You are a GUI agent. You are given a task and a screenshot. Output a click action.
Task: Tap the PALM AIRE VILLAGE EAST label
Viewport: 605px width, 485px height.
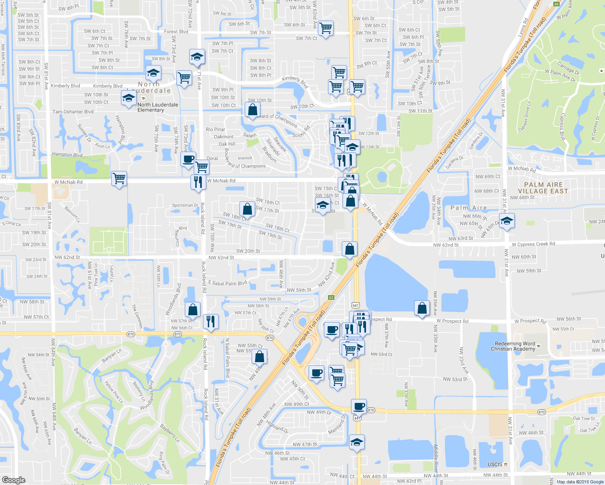543,188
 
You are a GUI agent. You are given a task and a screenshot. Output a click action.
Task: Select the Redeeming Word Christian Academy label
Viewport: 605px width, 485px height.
513,346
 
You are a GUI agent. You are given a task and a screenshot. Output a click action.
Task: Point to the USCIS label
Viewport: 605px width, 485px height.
495,465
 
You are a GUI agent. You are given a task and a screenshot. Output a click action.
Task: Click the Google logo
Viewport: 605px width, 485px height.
13,480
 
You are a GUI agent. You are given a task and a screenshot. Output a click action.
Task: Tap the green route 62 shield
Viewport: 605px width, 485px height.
331,297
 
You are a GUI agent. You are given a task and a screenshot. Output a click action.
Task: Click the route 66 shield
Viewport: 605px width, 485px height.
556,4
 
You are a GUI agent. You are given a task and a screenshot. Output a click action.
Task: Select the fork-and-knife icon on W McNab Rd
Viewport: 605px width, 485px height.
198,181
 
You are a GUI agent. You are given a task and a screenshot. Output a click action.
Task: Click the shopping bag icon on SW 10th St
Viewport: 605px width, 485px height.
252,109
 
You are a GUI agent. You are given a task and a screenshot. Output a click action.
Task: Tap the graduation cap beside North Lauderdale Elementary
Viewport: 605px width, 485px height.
129,98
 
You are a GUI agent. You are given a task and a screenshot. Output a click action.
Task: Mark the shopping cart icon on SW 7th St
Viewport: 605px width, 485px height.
326,28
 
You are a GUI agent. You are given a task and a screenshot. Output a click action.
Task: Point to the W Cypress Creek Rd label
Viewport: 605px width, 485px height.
533,244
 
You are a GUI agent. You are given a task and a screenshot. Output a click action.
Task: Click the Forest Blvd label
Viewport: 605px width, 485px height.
176,32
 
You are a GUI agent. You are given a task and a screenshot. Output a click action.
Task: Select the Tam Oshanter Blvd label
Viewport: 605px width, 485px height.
73,112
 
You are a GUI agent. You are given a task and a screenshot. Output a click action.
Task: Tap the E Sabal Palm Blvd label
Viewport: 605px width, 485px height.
227,283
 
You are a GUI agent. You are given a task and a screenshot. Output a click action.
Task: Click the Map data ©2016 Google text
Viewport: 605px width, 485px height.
580,482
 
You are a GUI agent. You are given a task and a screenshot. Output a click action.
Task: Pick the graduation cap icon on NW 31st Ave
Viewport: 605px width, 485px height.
507,221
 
